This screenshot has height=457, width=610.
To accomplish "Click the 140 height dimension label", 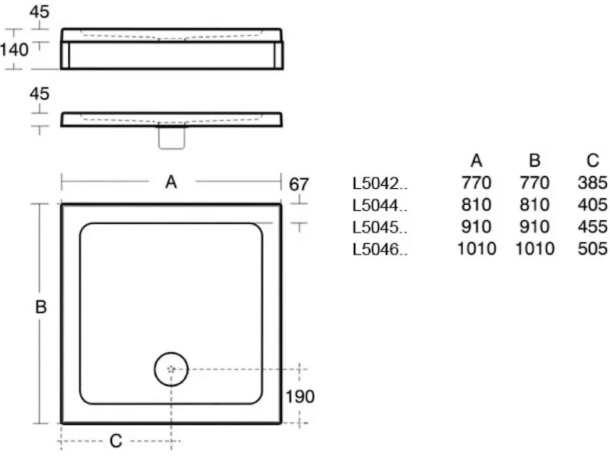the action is coord(14,50).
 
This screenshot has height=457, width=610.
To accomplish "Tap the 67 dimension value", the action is coord(299,184).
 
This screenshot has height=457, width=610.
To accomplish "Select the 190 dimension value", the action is coord(300,397).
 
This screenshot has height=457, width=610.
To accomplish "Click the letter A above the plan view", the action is coord(171,182).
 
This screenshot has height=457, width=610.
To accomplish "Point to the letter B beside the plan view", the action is coord(41,307).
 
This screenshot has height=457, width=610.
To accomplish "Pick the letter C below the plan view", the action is coord(116,441).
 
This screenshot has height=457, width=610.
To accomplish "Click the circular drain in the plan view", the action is coord(171,369).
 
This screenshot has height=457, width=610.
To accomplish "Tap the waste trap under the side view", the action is coord(172,138).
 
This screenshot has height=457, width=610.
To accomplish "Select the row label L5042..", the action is coord(380,184).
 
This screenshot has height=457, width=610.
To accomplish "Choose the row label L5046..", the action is coord(380,249).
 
